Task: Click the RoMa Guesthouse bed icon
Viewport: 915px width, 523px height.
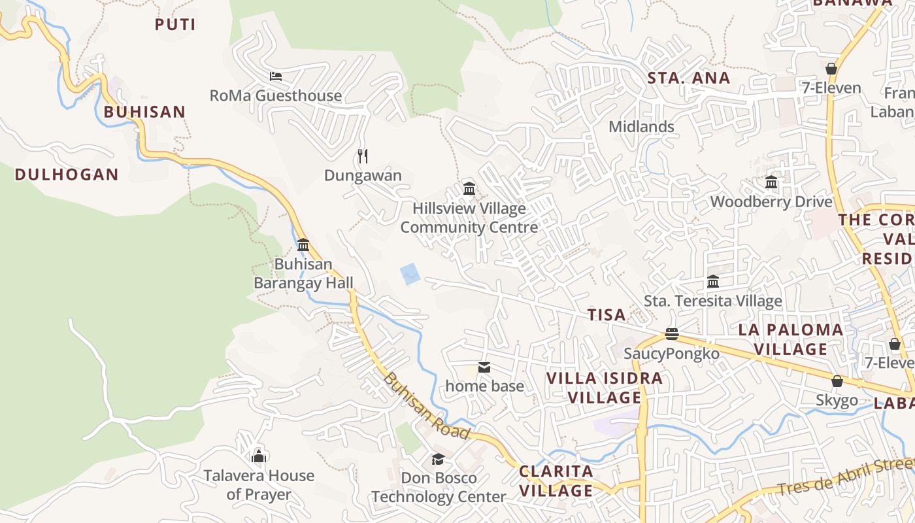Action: coord(276,76)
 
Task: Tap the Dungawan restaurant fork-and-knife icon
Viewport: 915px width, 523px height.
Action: coord(363,156)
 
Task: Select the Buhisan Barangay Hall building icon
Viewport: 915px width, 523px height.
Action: coord(303,245)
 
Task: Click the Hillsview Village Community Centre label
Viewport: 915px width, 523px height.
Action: coord(469,218)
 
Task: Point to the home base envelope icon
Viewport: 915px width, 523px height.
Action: coord(484,367)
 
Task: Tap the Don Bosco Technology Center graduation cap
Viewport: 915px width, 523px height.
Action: coord(438,459)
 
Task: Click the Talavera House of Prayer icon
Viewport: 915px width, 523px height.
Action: coord(259,456)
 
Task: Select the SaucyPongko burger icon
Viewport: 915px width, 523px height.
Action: coord(671,334)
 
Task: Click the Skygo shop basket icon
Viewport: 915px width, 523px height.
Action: coord(837,381)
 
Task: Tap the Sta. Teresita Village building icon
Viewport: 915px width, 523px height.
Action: coord(713,282)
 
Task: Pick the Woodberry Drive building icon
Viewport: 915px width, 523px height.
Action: coord(771,182)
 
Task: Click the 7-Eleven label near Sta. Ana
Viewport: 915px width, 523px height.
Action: coord(831,88)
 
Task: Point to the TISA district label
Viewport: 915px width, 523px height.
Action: coord(607,315)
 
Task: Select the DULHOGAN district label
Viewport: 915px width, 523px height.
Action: coord(67,175)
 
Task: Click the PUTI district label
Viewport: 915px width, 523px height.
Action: coord(175,25)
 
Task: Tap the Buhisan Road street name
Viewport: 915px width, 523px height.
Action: coord(426,406)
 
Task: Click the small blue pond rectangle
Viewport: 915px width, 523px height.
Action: coord(410,273)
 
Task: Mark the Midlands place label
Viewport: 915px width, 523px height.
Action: coord(641,126)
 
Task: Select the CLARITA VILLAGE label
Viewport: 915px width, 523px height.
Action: coord(556,481)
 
